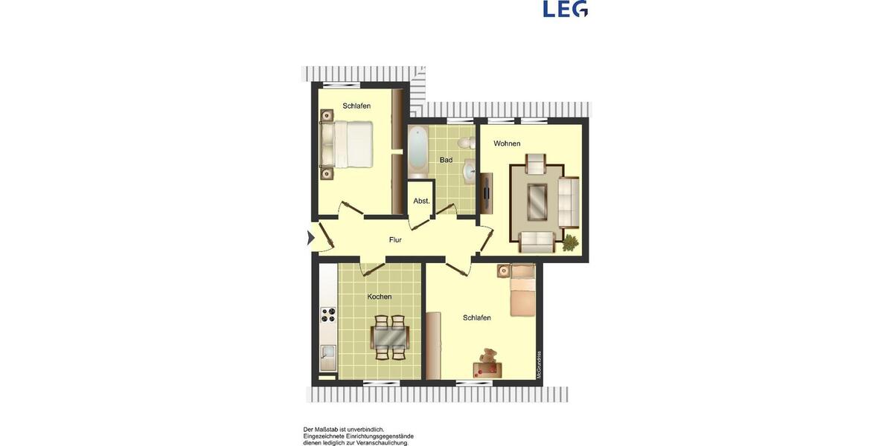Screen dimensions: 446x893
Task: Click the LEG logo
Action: coord(565,9)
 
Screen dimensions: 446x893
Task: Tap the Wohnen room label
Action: coord(507,143)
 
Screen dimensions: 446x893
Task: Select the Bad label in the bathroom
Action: coord(446,160)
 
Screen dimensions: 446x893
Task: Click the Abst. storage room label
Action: coord(421,201)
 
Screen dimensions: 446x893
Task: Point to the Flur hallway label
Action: coord(395,240)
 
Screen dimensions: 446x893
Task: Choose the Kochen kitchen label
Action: coord(379,297)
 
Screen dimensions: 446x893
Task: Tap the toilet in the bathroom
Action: coord(467,142)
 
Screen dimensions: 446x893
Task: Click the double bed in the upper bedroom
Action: coord(348,144)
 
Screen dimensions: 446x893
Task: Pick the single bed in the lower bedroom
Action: coord(522,291)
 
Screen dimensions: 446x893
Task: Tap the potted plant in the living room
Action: coord(570,242)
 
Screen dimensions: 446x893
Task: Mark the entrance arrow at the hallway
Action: coord(310,238)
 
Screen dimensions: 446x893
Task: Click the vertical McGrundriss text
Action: coord(540,364)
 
